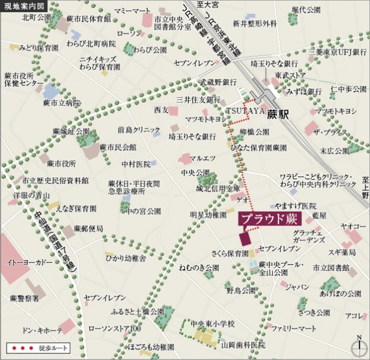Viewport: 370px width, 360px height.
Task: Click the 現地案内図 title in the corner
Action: coord(24,8)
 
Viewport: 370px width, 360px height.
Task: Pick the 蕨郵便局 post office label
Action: coord(88,229)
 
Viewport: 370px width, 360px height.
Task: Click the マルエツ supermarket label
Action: coord(202,159)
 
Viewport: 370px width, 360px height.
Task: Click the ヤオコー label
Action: coord(354,226)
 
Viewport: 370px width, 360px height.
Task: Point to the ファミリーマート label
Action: coord(293,329)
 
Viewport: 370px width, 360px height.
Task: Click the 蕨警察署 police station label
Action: coord(25,297)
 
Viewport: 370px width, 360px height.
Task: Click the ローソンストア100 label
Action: coord(114,329)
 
